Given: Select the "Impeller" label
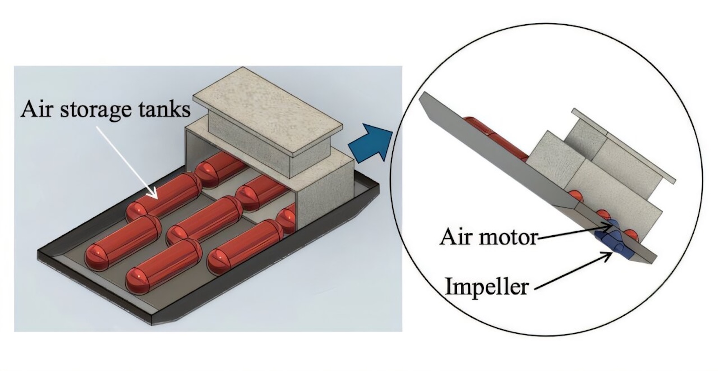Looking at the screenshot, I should point(486,286).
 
